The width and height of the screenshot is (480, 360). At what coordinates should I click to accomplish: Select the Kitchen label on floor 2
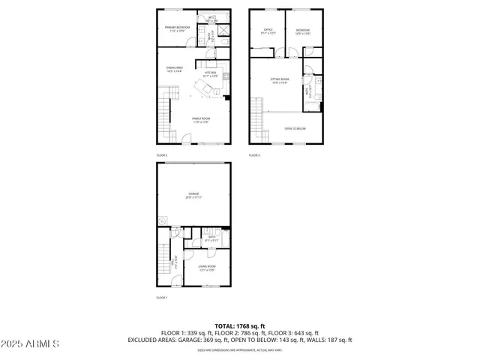(x=210, y=74)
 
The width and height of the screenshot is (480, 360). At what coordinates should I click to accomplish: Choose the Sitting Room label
(x=280, y=82)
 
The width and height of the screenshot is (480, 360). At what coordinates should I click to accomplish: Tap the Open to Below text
(x=295, y=128)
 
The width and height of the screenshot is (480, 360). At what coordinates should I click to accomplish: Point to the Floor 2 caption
(x=162, y=154)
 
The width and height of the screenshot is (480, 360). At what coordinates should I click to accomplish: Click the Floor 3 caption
(x=254, y=154)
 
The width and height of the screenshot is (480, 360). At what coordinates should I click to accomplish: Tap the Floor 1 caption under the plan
(x=162, y=298)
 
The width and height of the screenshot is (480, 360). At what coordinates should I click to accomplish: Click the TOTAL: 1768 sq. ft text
(x=240, y=325)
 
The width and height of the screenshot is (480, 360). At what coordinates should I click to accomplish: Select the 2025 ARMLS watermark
(x=30, y=343)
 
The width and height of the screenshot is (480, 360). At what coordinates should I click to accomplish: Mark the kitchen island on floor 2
(x=203, y=89)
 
